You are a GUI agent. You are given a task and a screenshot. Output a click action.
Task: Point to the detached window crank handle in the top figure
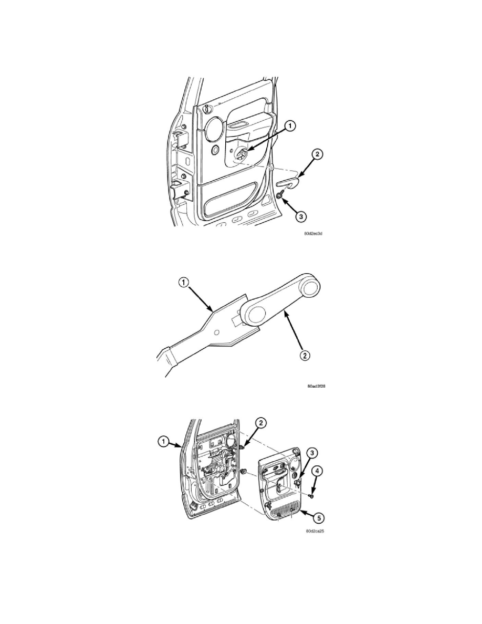coord(288,182)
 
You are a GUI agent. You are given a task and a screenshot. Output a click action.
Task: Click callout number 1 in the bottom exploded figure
coord(164,442)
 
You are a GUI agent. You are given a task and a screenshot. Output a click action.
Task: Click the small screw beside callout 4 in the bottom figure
coord(311,495)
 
